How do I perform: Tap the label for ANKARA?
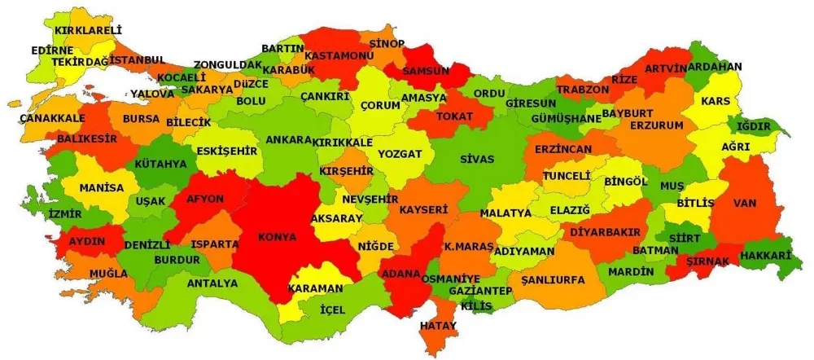point(289,140)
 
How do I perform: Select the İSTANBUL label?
point(138,60)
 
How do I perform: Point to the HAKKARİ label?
point(766,256)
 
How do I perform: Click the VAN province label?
point(744,202)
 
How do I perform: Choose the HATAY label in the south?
point(438,326)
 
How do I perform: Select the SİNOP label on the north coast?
point(387,42)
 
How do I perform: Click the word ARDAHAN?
point(714,67)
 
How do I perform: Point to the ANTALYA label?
point(212,283)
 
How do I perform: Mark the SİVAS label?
point(476,159)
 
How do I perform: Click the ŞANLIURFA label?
point(553,279)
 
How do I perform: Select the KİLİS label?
point(476,305)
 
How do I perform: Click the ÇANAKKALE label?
point(52,118)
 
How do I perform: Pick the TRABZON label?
point(583,89)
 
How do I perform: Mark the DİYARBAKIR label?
point(606,231)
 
